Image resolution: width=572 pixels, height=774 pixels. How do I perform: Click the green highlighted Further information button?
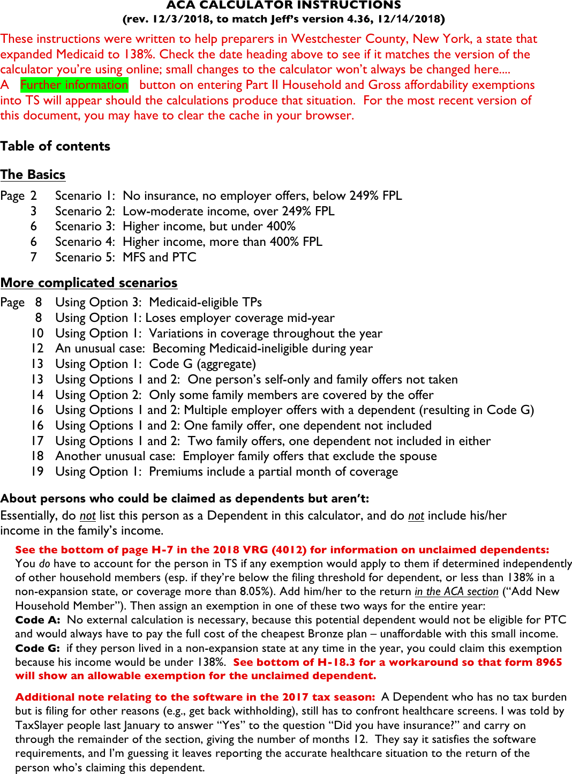[74, 85]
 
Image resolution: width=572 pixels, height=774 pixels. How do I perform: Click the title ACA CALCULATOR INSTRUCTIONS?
[283, 5]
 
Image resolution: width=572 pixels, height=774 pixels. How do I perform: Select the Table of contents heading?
[55, 146]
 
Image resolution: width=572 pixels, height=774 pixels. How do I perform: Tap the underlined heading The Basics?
[33, 175]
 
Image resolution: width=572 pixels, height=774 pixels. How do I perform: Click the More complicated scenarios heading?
[89, 283]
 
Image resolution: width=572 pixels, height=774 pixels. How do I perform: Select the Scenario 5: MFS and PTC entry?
[125, 257]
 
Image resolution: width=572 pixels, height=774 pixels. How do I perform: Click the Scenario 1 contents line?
[228, 196]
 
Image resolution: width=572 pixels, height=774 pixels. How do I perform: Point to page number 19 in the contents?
[37, 471]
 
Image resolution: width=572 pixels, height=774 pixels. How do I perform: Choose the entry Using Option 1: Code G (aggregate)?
[155, 364]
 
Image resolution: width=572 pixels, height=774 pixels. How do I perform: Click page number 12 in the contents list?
[37, 348]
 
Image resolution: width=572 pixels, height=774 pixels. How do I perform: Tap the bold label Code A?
[37, 620]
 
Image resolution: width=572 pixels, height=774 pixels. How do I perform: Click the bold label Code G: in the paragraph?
[37, 648]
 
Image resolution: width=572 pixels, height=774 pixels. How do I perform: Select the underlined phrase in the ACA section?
[456, 591]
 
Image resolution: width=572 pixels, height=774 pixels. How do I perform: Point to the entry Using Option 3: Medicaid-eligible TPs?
[159, 302]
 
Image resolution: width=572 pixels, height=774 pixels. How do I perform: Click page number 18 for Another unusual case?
[37, 456]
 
